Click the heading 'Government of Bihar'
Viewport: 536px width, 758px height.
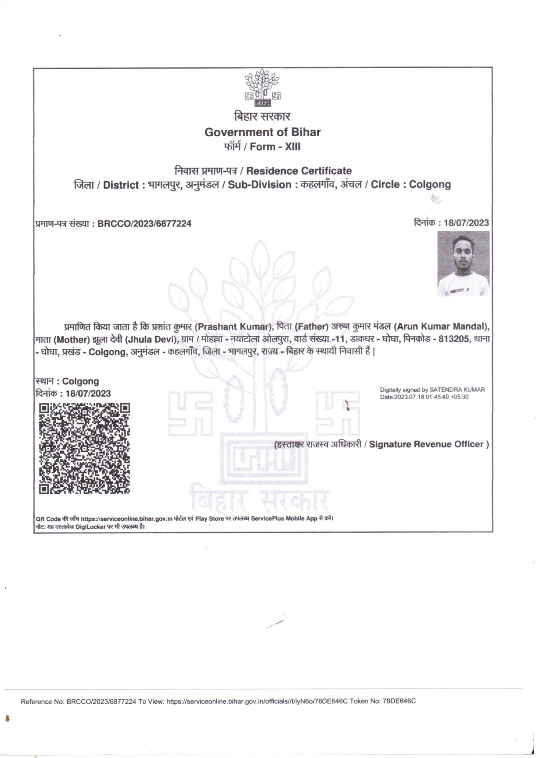263,132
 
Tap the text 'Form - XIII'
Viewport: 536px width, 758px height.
275,147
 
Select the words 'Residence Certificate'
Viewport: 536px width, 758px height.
299,171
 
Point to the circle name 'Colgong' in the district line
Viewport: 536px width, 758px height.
430,184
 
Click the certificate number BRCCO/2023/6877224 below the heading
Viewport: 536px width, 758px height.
144,224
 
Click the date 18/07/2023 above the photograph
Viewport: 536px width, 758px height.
466,223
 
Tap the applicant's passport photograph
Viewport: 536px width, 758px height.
463,264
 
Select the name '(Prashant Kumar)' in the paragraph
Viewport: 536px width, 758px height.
233,326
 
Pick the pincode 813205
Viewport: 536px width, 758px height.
454,339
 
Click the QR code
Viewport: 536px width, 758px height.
84,448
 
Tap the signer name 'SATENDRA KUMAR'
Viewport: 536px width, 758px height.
457,390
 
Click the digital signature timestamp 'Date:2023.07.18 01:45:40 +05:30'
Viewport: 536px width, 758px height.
424,397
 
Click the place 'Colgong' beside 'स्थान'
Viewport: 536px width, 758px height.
81,381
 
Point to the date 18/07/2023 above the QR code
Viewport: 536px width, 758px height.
88,393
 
